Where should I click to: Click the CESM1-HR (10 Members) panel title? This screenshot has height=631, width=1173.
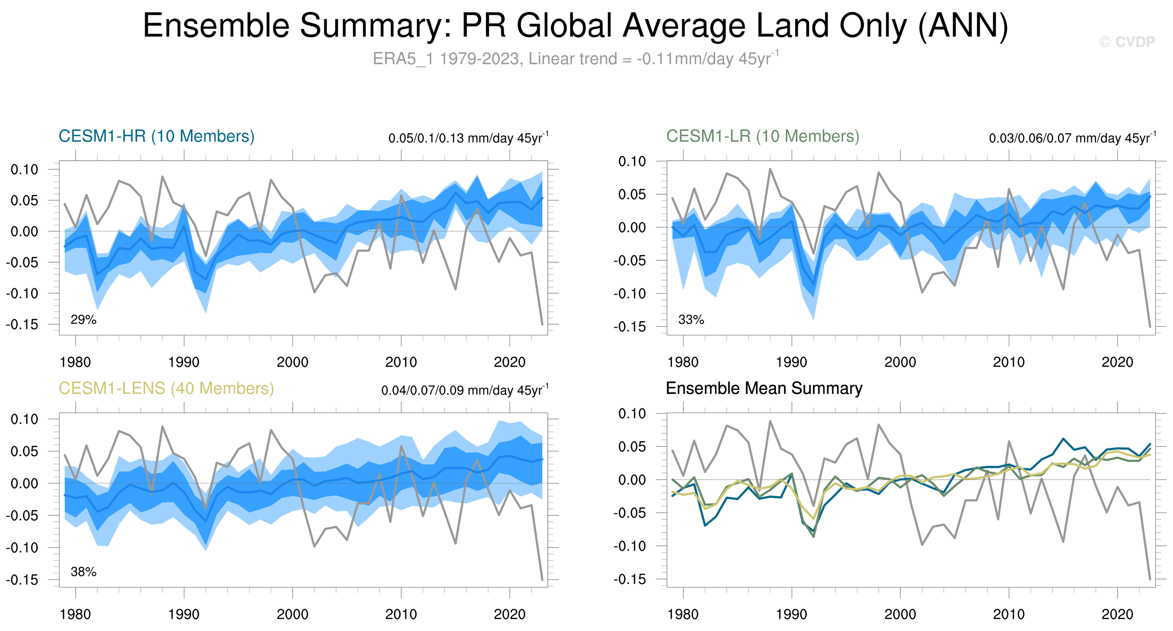tap(156, 136)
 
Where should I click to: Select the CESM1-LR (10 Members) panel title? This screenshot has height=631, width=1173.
tap(763, 136)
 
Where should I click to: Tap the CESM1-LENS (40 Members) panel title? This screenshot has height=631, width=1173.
tap(166, 388)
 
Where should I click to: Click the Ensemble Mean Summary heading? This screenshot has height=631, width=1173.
tap(764, 388)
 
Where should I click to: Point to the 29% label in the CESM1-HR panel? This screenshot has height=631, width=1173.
tap(83, 319)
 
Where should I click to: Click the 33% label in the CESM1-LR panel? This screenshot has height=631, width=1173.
tap(691, 319)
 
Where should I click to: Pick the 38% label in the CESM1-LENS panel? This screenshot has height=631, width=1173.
tap(83, 572)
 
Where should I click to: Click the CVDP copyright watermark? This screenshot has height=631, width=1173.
tap(1127, 42)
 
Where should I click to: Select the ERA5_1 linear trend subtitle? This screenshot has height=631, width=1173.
tap(576, 59)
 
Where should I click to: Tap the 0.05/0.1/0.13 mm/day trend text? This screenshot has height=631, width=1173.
tap(468, 138)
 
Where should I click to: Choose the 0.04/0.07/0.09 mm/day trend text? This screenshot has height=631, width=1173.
tap(465, 390)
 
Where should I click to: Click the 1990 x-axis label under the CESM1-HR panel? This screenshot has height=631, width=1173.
tap(184, 362)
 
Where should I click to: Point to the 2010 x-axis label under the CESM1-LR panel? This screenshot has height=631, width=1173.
tap(1009, 362)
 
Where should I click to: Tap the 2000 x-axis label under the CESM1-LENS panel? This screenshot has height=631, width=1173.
tap(292, 614)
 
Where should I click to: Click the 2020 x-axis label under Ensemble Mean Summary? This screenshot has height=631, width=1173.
tap(1117, 614)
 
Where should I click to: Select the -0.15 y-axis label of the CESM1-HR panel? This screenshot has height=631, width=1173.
tap(22, 325)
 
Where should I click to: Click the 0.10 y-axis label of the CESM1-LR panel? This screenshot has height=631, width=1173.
tap(632, 161)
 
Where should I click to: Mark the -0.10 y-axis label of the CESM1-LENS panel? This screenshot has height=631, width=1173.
tap(22, 548)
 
